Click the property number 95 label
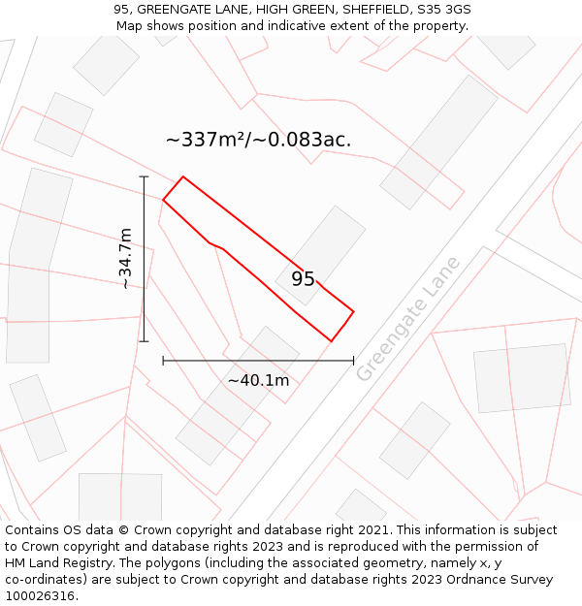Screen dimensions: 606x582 pos(303,279)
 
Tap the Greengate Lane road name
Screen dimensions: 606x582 pos(407,319)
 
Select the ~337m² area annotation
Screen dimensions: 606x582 pos(258,140)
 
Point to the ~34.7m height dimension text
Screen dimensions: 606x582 pos(125,259)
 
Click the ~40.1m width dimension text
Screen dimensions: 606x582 pos(258,380)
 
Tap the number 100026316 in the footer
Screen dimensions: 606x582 pos(42,595)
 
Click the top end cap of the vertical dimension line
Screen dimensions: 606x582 pos(145,176)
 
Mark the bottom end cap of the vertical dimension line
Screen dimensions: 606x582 pos(145,341)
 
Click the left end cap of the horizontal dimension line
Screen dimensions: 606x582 pos(163,361)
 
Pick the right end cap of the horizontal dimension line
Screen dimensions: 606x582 pos(353,361)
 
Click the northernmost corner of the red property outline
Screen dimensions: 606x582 pos(183,176)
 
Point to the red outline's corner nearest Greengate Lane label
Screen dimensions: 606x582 pos(353,311)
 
